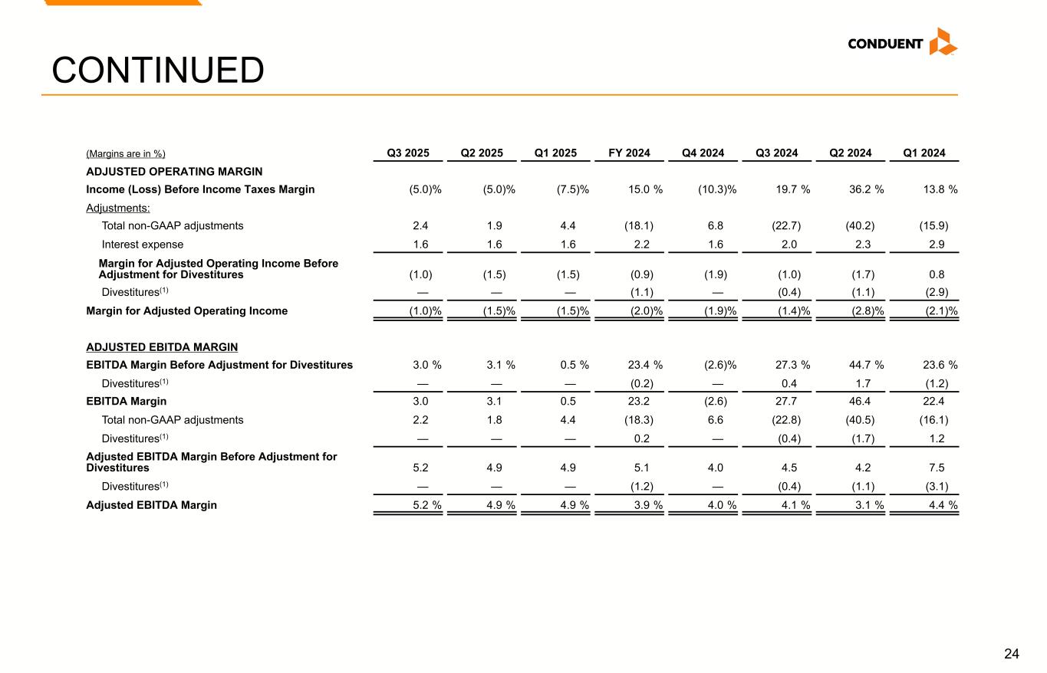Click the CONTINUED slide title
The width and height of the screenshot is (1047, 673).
tap(158, 71)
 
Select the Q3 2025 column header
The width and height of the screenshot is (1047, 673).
tap(408, 153)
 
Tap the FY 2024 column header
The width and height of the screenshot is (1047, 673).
tap(629, 153)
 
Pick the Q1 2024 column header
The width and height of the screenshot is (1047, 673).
tap(924, 153)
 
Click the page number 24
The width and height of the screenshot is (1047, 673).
tap(1012, 654)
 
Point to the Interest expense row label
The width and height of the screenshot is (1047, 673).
tap(143, 245)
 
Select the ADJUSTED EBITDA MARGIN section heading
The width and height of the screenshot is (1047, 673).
tap(162, 347)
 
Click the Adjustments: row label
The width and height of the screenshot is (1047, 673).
tap(118, 208)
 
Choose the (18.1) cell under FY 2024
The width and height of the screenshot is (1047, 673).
tap(639, 225)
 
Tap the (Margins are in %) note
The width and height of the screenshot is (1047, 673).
tap(126, 153)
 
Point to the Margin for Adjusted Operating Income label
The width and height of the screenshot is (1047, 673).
tap(187, 310)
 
